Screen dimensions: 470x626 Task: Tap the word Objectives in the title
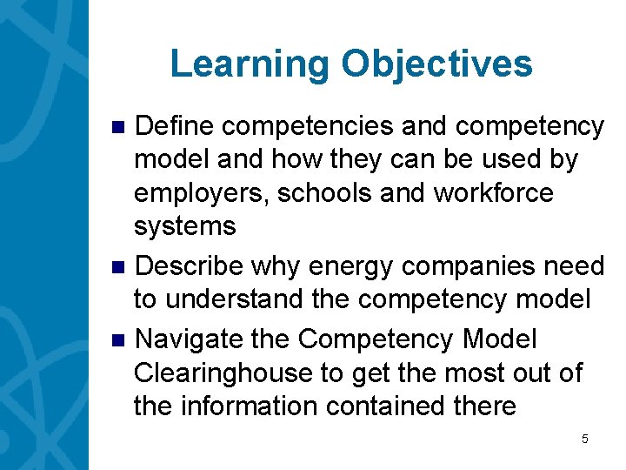(x=437, y=64)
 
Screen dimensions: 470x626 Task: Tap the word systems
(x=184, y=226)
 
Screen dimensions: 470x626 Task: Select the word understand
(x=235, y=299)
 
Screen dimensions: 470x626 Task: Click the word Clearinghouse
(x=223, y=373)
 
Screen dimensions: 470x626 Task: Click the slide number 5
(x=585, y=440)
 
